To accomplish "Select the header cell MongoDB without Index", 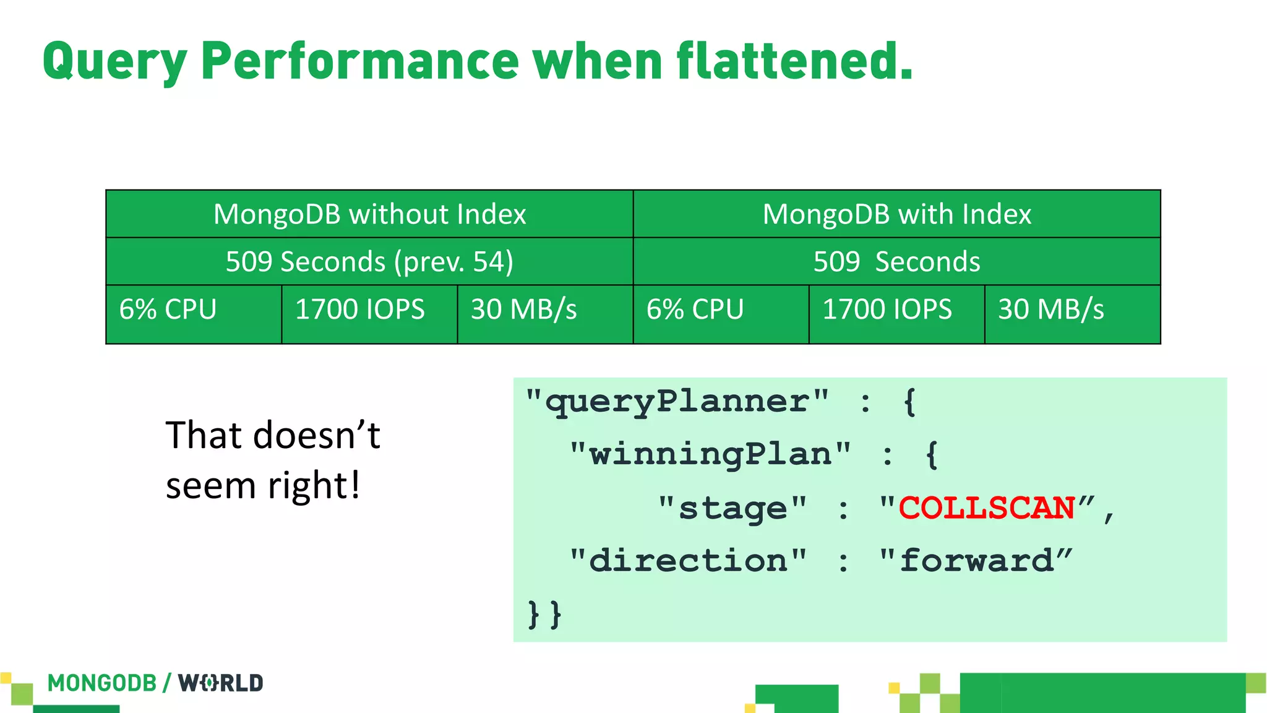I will coord(369,214).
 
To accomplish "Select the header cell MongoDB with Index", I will coord(896,214).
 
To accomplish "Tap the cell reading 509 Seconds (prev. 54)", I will coord(369,262).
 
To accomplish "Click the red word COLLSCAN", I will coord(986,508).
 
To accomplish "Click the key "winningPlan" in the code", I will coord(710,455).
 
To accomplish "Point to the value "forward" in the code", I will coord(976,561).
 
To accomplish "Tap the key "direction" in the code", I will coord(688,561).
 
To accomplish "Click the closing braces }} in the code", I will coord(544,614).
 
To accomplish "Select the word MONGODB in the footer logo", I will coord(102,683).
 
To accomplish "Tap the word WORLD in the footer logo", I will coord(221,683).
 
